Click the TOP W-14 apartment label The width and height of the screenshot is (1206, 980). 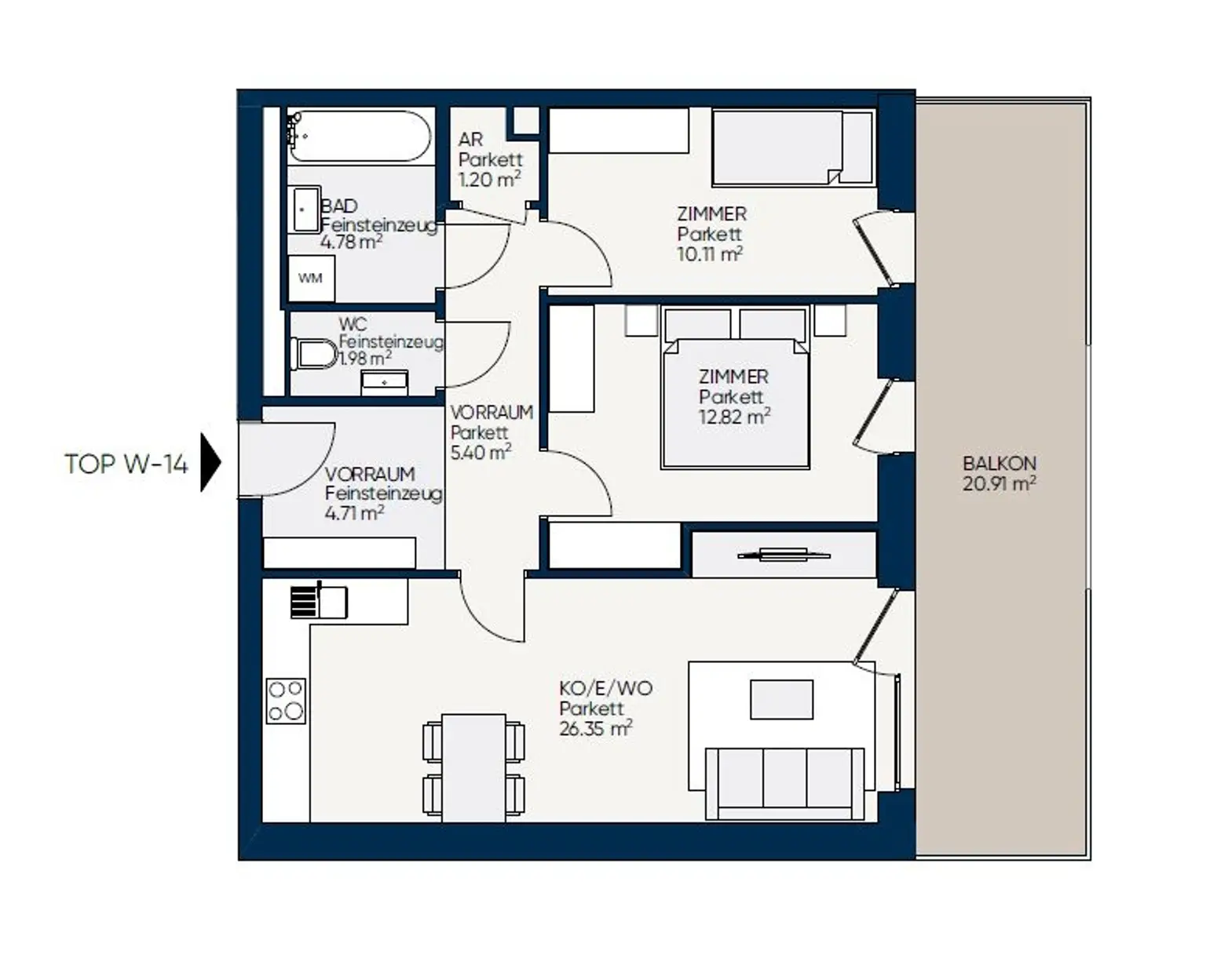[126, 464]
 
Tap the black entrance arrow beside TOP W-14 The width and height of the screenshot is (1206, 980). [210, 462]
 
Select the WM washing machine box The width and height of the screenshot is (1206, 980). [311, 279]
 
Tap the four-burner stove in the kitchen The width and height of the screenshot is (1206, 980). [286, 701]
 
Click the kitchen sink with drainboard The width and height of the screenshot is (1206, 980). [319, 602]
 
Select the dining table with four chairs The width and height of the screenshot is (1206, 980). [474, 768]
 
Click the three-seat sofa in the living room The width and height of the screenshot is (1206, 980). [784, 784]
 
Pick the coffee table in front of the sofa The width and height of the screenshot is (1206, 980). [781, 699]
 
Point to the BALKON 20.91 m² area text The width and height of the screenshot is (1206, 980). [1000, 474]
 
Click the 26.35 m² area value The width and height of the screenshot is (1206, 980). [596, 728]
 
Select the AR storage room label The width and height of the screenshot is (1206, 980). [470, 139]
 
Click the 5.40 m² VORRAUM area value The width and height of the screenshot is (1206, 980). [481, 452]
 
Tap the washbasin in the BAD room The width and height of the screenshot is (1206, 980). [306, 209]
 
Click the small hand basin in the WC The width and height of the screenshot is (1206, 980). [385, 382]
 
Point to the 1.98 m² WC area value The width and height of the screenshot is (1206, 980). [365, 358]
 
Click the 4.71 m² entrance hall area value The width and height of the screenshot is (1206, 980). [354, 513]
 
